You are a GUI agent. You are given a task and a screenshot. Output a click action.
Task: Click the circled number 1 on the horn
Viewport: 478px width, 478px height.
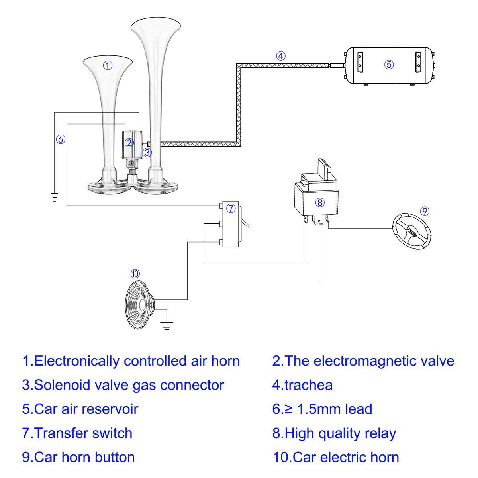point(108,65)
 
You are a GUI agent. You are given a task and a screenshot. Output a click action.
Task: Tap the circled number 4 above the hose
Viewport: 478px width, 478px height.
point(281,56)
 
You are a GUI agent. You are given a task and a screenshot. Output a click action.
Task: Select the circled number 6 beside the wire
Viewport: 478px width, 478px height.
point(61,139)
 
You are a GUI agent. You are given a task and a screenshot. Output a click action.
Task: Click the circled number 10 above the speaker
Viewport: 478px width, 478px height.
point(135,274)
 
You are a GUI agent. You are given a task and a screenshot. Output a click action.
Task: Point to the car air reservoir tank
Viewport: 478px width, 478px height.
point(389,65)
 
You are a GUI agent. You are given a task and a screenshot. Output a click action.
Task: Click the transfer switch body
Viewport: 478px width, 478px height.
point(230,224)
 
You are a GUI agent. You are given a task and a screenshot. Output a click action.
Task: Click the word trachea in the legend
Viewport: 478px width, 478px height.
point(308,385)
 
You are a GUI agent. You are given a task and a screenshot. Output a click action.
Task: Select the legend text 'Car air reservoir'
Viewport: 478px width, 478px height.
point(86,409)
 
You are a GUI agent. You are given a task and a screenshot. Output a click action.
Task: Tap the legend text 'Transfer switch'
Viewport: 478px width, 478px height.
point(83,433)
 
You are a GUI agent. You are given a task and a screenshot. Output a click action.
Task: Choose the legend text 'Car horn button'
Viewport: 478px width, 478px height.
point(84,457)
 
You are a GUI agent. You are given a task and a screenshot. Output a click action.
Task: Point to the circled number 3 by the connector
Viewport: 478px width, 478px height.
point(147,152)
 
